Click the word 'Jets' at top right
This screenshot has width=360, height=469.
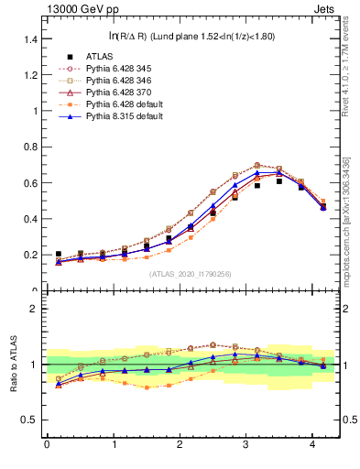tap(325, 10)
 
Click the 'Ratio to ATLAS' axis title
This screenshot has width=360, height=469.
tap(12, 364)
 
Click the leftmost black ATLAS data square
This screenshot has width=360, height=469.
tap(59, 254)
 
